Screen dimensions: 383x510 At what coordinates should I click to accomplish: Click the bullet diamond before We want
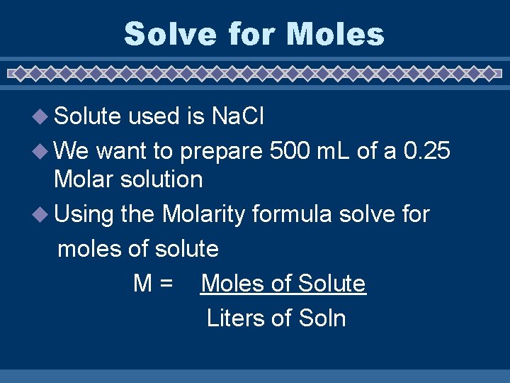pyautogui.click(x=44, y=151)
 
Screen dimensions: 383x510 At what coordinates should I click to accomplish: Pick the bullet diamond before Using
pyautogui.click(x=44, y=213)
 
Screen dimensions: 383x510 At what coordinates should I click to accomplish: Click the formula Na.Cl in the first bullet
pyautogui.click(x=238, y=116)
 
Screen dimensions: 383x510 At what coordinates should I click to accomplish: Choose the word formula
pyautogui.click(x=297, y=213)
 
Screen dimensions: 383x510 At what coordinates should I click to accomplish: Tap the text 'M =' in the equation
pyautogui.click(x=153, y=284)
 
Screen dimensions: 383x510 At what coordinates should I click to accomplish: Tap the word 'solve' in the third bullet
pyautogui.click(x=368, y=213)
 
